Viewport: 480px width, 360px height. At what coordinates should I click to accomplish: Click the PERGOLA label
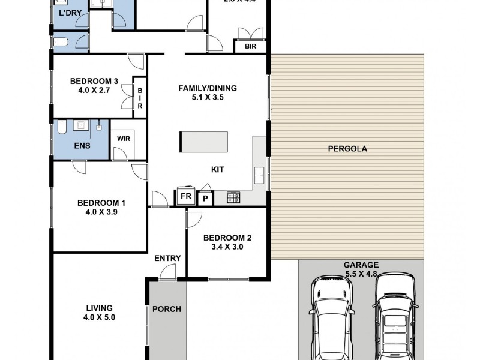(347, 148)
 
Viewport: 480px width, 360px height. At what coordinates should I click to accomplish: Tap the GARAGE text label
(361, 265)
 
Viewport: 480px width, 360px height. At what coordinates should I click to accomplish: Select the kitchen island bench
(203, 143)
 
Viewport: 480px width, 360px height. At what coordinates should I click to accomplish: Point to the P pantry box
(205, 198)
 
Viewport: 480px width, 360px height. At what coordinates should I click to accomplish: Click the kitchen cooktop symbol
(234, 197)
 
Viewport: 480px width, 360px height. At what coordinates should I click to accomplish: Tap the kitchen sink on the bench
(259, 175)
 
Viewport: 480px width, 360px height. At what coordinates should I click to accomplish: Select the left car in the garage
(331, 319)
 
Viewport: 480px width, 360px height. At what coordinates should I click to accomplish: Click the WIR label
(124, 138)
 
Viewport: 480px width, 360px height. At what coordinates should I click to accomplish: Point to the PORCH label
(167, 310)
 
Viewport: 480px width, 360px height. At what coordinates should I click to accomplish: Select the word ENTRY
(167, 259)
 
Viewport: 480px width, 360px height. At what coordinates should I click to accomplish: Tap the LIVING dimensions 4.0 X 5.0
(97, 318)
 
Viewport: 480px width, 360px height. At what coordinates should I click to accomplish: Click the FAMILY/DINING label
(208, 88)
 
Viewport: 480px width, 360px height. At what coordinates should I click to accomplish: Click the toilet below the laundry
(62, 42)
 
